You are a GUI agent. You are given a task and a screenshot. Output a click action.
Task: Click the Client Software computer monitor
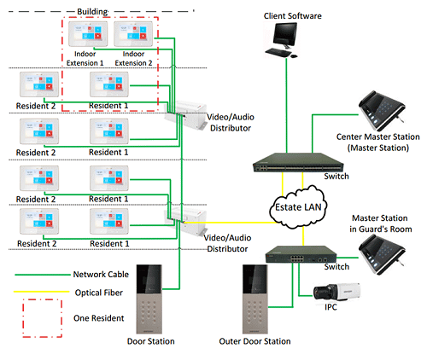pos(284,36)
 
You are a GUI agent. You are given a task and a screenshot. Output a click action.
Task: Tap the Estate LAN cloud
pos(298,206)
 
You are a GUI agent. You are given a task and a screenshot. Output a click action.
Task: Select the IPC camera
pos(336,292)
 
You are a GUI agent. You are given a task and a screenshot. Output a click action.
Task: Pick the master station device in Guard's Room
pos(382,254)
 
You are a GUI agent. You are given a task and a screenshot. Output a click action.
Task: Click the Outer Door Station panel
pos(255,299)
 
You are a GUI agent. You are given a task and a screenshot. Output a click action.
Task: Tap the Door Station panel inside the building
pos(149,299)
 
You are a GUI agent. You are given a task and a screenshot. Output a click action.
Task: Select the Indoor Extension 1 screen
pos(88,34)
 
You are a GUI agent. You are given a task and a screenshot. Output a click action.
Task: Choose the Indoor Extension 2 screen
pos(133,34)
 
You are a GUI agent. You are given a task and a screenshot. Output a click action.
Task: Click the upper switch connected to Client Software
pos(298,162)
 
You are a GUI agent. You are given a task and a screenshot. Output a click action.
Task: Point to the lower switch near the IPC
pos(301,254)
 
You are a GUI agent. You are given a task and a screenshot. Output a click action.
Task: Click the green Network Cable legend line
pos(43,275)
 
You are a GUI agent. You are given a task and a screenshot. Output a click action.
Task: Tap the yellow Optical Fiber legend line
pos(42,292)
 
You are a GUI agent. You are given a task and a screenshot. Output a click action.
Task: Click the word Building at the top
pos(92,12)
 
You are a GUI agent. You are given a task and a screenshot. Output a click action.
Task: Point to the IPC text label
pos(330,307)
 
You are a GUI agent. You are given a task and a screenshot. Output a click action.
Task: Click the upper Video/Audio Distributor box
pos(186,115)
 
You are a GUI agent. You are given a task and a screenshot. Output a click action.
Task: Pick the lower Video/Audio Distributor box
pos(186,221)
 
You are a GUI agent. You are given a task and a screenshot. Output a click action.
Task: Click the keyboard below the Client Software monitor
pos(278,52)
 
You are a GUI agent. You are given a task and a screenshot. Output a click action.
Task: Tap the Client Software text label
pos(292,16)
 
